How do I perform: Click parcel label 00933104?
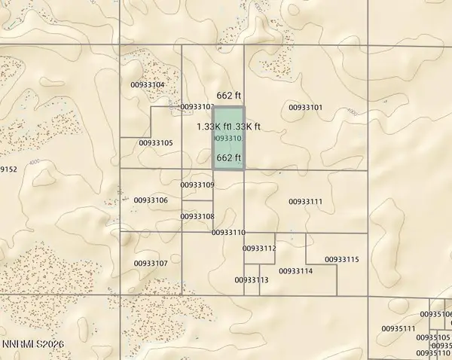point(148,85)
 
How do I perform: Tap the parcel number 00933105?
point(156,142)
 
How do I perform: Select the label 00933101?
point(305,108)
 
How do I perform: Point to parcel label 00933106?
point(151,200)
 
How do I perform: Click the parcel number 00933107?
point(151,263)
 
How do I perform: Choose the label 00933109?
point(198,185)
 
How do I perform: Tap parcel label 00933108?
point(197,216)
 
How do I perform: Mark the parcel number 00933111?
point(305,201)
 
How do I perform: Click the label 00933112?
point(260,248)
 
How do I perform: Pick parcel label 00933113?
point(252,279)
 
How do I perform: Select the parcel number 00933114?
point(295,270)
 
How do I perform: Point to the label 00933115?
point(342,259)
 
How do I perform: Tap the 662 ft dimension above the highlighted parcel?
point(228,96)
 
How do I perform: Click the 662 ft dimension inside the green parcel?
point(228,158)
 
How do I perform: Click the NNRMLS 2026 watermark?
point(29,344)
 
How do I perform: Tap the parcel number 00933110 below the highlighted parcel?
point(229,233)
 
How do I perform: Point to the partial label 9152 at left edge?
point(8,169)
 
